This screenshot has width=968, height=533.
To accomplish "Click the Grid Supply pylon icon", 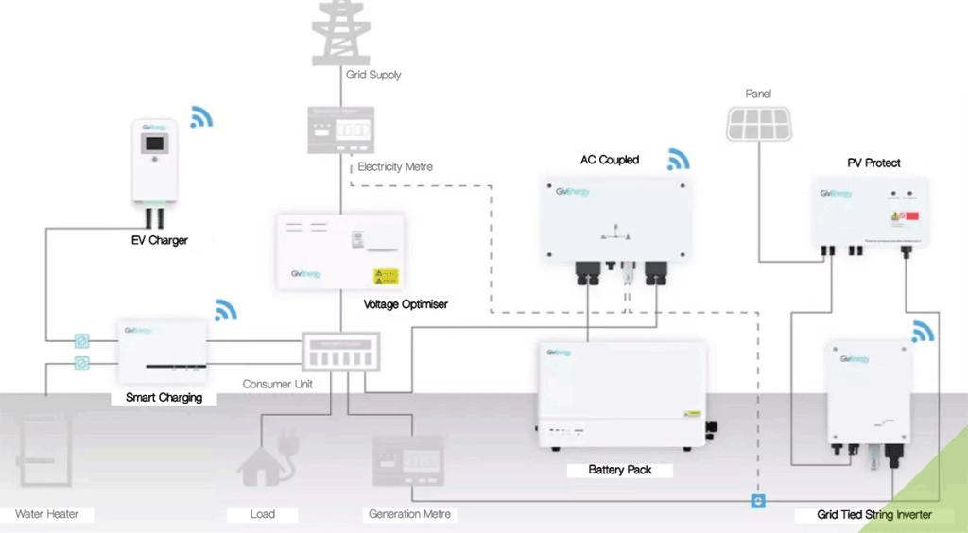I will point(343,30).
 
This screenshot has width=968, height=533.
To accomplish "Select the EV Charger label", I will point(159,240).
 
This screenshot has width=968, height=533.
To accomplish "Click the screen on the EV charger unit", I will point(152,147).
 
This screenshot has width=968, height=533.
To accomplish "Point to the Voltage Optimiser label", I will point(406,304).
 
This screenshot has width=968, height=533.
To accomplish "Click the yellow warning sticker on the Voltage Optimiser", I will point(386,278).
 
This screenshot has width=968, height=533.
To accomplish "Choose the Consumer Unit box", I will point(339,352).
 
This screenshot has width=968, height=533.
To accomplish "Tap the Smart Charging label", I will point(164,398).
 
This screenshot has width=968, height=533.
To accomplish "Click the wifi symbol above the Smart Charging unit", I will point(226,310).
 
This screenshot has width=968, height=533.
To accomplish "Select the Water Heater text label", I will point(46,514).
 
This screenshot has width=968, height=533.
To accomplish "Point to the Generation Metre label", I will point(408,514).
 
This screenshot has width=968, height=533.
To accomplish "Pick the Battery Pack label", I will point(619,470).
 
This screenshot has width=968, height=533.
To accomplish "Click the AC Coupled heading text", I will point(610,160).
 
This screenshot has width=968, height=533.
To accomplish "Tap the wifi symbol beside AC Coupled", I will point(678,160).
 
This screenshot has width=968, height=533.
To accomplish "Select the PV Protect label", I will point(873,163).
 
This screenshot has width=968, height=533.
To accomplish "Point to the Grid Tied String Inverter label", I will point(874,515).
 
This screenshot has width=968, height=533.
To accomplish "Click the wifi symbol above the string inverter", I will point(923,331).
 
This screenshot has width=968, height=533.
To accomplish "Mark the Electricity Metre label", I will point(395,167).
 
